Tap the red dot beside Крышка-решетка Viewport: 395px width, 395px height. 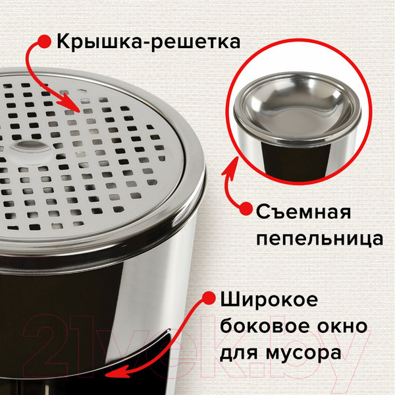point(44,42)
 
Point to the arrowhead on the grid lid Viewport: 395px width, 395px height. point(78,107)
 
